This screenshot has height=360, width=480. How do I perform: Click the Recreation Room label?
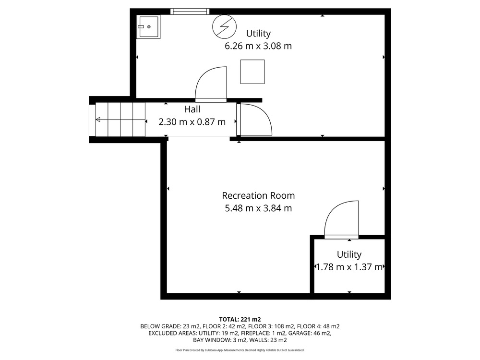point(258,195)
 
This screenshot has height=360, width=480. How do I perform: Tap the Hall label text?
point(192,109)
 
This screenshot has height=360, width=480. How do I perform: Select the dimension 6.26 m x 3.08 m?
point(258,46)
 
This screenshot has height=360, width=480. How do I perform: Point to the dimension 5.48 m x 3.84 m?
point(258,208)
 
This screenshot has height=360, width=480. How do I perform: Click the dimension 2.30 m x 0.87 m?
point(192,122)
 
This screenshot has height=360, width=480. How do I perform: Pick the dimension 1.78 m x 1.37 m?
point(349,267)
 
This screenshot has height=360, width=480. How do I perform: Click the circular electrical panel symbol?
point(225,26)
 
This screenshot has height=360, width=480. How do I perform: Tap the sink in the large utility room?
point(148,27)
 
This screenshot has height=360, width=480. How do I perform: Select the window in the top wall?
point(190,12)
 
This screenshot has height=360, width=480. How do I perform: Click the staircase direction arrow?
point(120,120)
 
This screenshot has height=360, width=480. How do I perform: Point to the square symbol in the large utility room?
point(252,72)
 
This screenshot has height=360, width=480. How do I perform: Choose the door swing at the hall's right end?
point(255,120)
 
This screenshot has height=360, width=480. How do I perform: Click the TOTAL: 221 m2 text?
point(240,320)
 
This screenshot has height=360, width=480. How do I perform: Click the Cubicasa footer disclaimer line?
point(240,350)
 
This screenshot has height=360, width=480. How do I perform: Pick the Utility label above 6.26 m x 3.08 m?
point(258,33)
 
